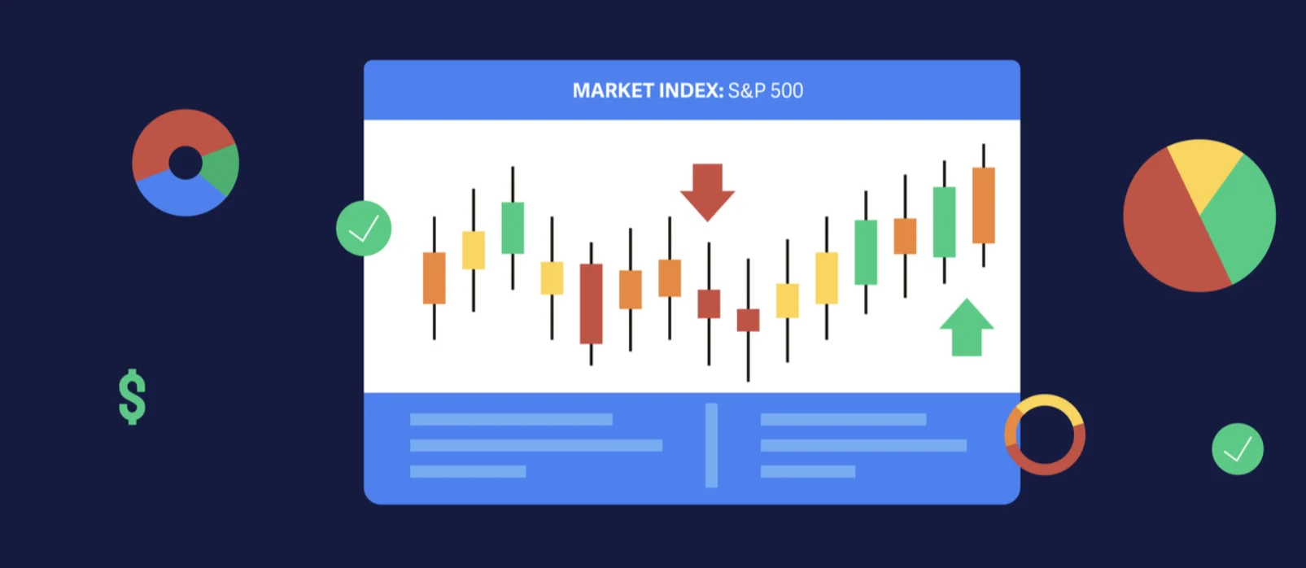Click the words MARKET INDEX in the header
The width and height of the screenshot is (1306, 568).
click(x=647, y=90)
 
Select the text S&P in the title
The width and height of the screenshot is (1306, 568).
click(x=746, y=90)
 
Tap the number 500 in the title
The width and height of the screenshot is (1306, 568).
click(x=787, y=90)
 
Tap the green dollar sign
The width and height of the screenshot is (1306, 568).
click(x=132, y=397)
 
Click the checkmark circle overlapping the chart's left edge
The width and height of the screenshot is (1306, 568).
click(x=364, y=228)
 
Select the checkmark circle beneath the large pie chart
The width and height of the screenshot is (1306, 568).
click(x=1237, y=448)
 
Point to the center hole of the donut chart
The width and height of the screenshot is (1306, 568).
click(x=186, y=163)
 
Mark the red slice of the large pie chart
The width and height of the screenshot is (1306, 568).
click(x=1164, y=228)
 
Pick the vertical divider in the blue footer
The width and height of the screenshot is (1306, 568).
click(x=711, y=445)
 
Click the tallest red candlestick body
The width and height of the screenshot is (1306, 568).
click(x=591, y=304)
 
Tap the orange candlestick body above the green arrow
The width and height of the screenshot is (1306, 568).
click(x=983, y=205)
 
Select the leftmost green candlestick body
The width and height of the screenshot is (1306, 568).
click(x=513, y=228)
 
